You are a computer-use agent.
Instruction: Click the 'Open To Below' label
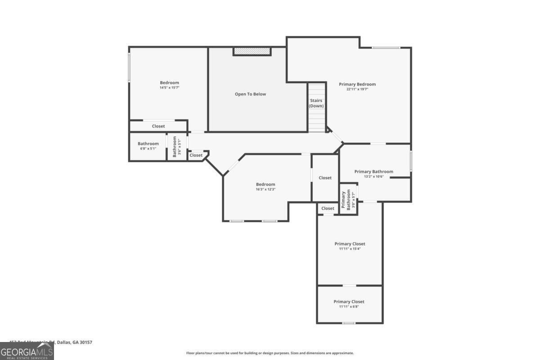[250, 94]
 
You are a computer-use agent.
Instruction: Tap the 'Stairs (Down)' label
[316, 103]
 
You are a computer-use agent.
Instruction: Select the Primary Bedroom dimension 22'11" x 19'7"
[357, 90]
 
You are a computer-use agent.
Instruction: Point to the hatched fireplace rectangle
[252, 51]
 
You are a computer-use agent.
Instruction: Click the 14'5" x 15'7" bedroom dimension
[169, 88]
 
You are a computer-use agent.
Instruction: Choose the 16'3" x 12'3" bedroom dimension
[265, 189]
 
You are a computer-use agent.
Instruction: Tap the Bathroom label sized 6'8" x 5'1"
[148, 144]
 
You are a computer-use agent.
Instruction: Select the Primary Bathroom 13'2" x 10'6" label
[373, 171]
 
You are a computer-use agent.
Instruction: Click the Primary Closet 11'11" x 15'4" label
[350, 244]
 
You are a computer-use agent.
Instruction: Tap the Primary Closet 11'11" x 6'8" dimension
[349, 306]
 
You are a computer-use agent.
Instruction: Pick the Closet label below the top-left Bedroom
[158, 126]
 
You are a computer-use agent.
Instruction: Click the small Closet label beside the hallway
[196, 155]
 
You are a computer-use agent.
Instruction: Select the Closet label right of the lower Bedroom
[325, 178]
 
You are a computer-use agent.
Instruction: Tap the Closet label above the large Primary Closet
[328, 208]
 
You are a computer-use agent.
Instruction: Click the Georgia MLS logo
[27, 351]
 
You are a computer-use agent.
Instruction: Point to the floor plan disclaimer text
[270, 353]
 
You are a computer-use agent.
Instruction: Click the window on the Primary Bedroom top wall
[386, 48]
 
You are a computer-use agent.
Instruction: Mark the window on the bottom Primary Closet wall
[349, 323]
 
